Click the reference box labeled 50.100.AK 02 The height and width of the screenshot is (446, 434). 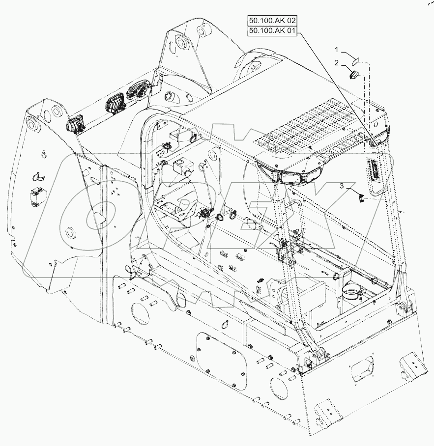273,21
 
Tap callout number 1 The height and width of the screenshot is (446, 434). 337,50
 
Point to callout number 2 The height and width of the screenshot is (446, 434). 337,63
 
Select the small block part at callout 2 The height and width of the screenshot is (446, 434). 354,74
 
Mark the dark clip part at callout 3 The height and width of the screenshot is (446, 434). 361,197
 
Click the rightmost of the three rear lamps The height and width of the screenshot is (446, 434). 136,91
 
